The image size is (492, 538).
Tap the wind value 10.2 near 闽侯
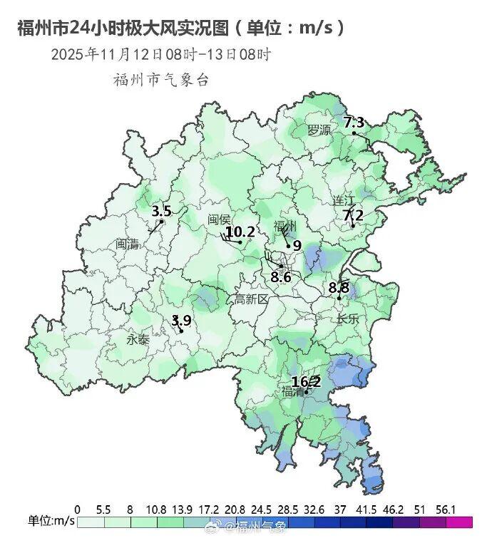(240, 232)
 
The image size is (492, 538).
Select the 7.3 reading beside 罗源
(354, 123)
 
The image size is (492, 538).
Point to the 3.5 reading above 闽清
(162, 211)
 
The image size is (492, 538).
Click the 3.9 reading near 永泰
(182, 320)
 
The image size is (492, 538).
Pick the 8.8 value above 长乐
(339, 288)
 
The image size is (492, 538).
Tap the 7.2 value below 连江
(353, 214)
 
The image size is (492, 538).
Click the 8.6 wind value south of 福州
(281, 276)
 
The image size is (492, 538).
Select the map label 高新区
(251, 299)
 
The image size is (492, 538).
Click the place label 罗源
(319, 130)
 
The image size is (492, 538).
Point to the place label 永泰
(138, 340)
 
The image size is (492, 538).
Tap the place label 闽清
(128, 244)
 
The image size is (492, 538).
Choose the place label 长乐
(348, 319)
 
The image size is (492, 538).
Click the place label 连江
(344, 200)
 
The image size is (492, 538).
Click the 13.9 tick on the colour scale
(183, 509)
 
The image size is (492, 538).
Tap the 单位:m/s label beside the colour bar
(51, 522)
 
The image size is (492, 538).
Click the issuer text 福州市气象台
(161, 80)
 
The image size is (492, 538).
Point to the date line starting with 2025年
(160, 54)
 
